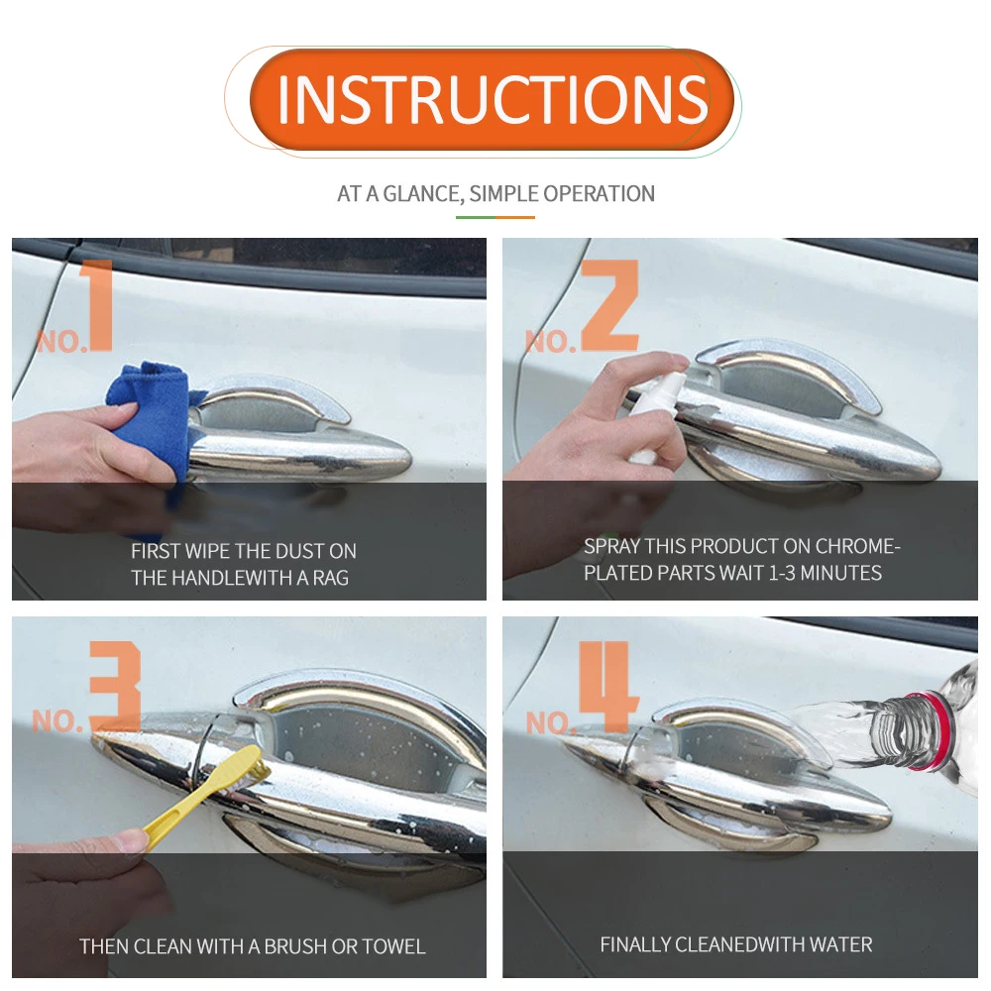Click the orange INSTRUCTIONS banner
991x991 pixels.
(492, 99)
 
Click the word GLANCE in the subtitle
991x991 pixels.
(422, 194)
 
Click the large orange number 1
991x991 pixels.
(97, 304)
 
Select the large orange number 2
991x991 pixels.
(609, 304)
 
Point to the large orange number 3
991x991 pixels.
(115, 687)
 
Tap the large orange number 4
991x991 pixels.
(608, 687)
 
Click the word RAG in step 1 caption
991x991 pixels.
(331, 578)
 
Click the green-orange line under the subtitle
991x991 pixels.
(495, 217)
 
